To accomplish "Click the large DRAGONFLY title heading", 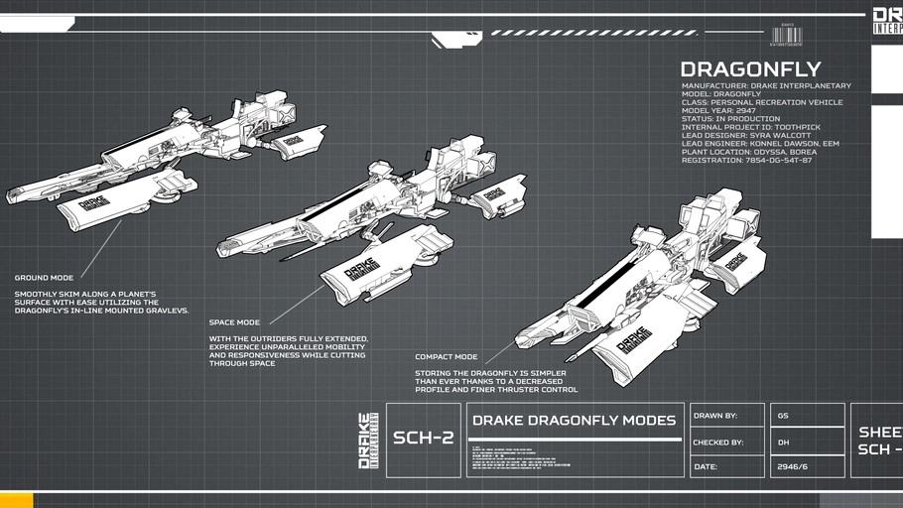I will point(750,69).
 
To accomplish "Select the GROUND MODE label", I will point(44,278).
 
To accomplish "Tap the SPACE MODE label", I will point(234,322).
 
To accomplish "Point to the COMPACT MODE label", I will point(446,356).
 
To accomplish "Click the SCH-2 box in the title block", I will point(423,439).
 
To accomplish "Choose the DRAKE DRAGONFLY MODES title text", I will point(574,421).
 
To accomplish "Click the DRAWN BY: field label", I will point(715,416).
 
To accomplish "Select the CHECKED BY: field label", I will point(718,443).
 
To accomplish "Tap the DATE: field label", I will point(706,466).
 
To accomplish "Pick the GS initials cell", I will point(784,416).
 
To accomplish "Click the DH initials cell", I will point(784,443).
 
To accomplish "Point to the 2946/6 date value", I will point(793,466).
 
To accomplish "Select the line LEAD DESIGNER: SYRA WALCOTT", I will point(746,135).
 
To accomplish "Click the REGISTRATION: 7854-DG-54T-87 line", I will point(746,160).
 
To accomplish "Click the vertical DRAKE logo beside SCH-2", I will point(367,441).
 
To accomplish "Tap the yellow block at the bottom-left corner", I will point(16,500).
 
